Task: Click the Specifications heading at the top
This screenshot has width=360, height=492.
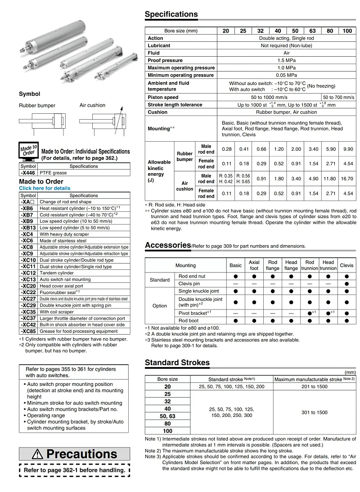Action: pos(171,14)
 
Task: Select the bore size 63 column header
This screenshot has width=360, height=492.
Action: pos(312,31)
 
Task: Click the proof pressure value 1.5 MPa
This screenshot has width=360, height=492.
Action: pos(286,60)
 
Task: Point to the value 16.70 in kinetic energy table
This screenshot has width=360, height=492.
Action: pos(347,179)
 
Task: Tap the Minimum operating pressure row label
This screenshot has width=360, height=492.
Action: pos(181,75)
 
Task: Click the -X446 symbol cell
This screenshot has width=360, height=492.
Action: pos(28,173)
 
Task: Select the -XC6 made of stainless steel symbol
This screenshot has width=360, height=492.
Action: pos(27,241)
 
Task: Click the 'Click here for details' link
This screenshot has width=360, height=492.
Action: pos(45,188)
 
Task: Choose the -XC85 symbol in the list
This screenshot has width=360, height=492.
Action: pos(28,331)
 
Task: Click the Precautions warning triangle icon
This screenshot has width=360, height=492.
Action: pos(38,454)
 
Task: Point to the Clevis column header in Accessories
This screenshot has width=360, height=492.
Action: pos(346,265)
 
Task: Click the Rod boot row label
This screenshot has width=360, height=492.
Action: pos(188,321)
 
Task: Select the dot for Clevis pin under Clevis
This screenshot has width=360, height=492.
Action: pos(346,284)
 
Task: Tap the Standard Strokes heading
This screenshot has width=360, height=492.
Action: pos(177,362)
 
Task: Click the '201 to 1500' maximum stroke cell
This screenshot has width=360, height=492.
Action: pos(314,387)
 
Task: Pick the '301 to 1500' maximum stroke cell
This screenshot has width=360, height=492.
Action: pos(314,412)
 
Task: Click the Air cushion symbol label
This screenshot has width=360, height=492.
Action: pos(92,105)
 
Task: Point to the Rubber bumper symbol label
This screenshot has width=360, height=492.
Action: pos(37,106)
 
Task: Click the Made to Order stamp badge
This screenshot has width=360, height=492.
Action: pos(29,150)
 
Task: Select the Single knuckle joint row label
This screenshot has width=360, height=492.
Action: pos(199,291)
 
